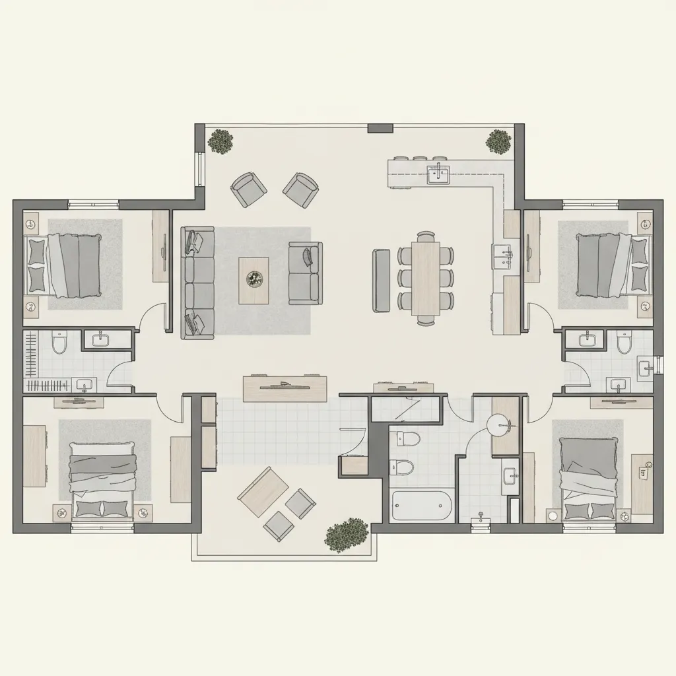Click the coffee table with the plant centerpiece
point(253,280)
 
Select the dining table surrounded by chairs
point(426,278)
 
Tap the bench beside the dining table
point(382,280)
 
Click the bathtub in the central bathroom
point(422,506)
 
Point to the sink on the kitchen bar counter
point(438,175)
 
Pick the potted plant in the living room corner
point(220,141)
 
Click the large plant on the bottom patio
point(346,533)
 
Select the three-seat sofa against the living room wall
point(198,283)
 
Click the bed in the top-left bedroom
point(64,265)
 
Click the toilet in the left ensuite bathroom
point(59,342)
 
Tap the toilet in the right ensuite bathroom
point(624,342)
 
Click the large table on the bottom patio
point(262,492)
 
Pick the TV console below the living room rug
point(285,388)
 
